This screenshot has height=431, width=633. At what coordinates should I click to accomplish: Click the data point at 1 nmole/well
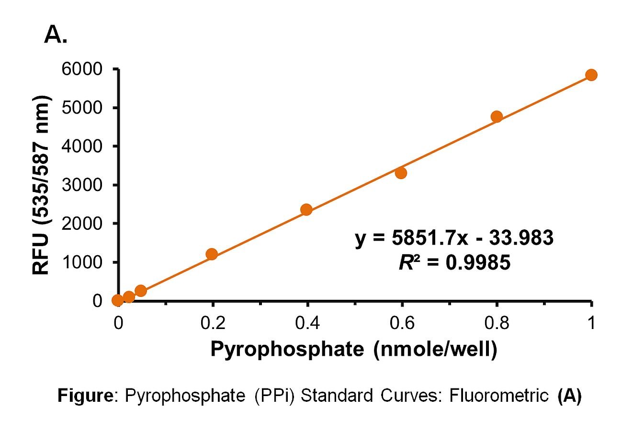(x=591, y=75)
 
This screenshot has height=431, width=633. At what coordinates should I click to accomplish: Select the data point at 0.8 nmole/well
(x=497, y=117)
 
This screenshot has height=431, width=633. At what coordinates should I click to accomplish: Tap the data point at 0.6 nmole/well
(x=401, y=173)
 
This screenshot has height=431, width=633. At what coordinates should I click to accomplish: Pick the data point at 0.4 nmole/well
(x=306, y=210)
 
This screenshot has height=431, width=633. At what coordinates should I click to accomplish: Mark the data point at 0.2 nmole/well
(x=212, y=254)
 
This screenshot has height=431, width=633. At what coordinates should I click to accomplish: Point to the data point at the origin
(x=117, y=300)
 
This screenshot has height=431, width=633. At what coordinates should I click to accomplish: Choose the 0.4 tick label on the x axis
(x=307, y=323)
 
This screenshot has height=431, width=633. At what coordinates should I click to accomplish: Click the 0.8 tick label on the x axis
(x=497, y=323)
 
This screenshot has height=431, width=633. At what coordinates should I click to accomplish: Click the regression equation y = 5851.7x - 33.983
(x=454, y=238)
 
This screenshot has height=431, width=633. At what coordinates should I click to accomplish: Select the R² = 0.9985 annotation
(x=454, y=262)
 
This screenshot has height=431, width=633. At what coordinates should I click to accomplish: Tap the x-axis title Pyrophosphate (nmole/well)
(x=354, y=349)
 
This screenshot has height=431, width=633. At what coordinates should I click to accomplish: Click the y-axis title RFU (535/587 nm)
(x=42, y=184)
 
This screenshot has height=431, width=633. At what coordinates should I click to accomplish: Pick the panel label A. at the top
(x=56, y=34)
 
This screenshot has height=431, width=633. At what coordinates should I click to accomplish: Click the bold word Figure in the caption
(x=86, y=396)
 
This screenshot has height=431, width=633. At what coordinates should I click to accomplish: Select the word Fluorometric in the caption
(x=498, y=396)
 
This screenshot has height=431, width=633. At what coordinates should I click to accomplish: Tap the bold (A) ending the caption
(x=569, y=396)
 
